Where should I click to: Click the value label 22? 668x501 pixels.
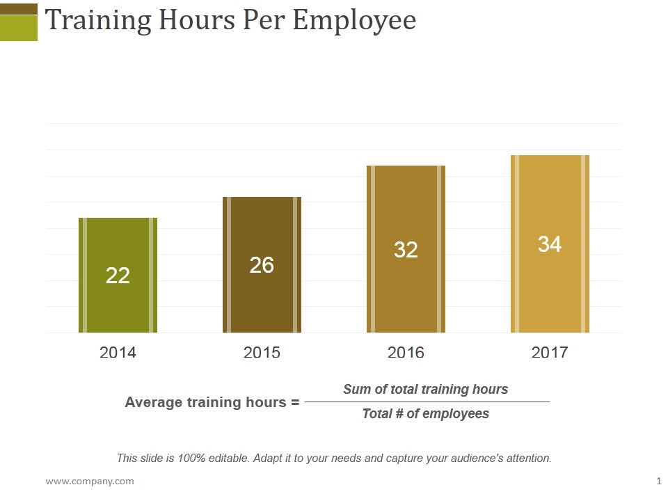[118, 276]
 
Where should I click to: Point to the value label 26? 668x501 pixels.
[262, 265]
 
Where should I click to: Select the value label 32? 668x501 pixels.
[406, 250]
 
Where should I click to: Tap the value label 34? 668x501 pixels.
[550, 244]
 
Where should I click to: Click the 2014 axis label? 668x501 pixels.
[118, 353]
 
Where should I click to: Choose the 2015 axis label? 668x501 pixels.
[262, 353]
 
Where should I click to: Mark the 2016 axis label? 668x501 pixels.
[406, 353]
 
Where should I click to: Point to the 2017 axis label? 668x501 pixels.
[550, 353]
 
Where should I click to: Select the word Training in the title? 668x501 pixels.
[98, 21]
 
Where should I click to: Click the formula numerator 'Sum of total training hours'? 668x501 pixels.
[425, 390]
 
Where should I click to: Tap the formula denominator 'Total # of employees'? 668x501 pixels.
[425, 414]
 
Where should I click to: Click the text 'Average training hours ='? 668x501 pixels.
[212, 402]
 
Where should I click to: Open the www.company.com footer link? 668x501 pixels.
[90, 481]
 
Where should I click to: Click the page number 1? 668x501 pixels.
[658, 481]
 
